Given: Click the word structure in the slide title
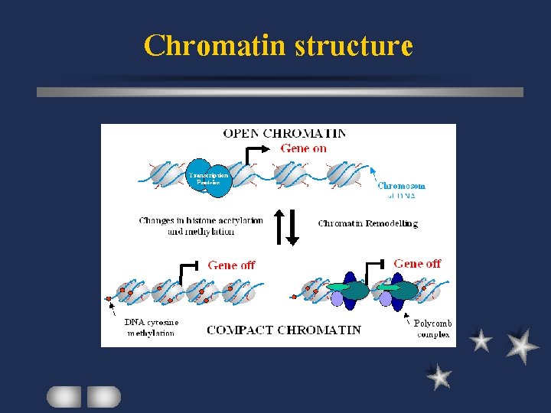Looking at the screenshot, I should [x=354, y=46].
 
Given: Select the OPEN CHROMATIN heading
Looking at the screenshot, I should [x=284, y=133].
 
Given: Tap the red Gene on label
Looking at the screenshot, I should [x=303, y=148].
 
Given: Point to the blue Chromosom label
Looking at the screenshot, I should [x=401, y=186].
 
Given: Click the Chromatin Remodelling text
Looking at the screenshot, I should [x=367, y=223].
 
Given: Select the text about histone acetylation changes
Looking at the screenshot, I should [x=201, y=226].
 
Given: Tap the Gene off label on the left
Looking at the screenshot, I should [x=231, y=265].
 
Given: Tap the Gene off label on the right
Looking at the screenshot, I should [x=417, y=264].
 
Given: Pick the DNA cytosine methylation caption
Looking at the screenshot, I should [x=152, y=327].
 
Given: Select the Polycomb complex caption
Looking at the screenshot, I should [x=433, y=329].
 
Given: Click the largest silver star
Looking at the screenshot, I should [x=522, y=345].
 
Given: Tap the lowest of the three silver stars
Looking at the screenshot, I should [x=439, y=376].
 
